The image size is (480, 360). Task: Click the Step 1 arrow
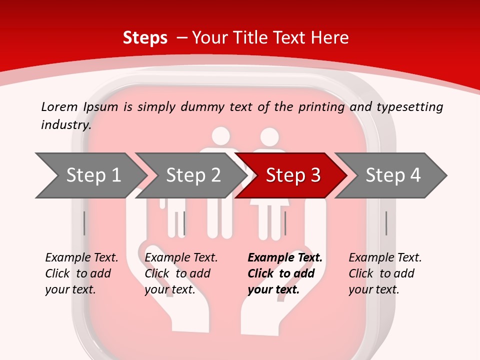[x=90, y=175]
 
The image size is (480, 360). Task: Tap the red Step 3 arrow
[x=292, y=175]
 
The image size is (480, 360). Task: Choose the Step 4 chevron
[x=392, y=175]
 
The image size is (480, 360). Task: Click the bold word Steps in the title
[x=145, y=38]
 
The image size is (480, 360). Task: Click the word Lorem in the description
[x=59, y=107]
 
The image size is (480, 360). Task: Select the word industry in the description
[x=65, y=125]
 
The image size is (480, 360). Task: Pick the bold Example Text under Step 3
[x=285, y=258]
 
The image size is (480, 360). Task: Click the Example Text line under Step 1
[x=81, y=258]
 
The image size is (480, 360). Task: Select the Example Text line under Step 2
[x=181, y=258]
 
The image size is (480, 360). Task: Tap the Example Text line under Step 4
[x=385, y=258]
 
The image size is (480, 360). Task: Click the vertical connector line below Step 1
[x=84, y=223]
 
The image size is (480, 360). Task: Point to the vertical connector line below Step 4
[x=386, y=223]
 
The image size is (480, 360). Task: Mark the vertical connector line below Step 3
[x=285, y=223]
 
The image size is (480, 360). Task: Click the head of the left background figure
[x=220, y=136]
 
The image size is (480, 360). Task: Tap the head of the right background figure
[x=269, y=137]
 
